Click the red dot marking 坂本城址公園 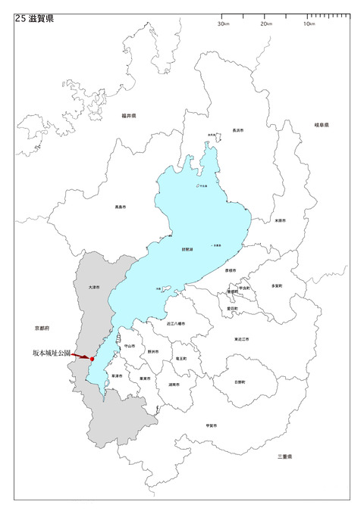tap(93, 359)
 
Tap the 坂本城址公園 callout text tap(52, 353)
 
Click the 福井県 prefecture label tap(127, 117)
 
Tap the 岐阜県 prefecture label tap(322, 125)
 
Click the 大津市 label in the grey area tap(93, 288)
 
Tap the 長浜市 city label tap(237, 130)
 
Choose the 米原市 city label tap(280, 221)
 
